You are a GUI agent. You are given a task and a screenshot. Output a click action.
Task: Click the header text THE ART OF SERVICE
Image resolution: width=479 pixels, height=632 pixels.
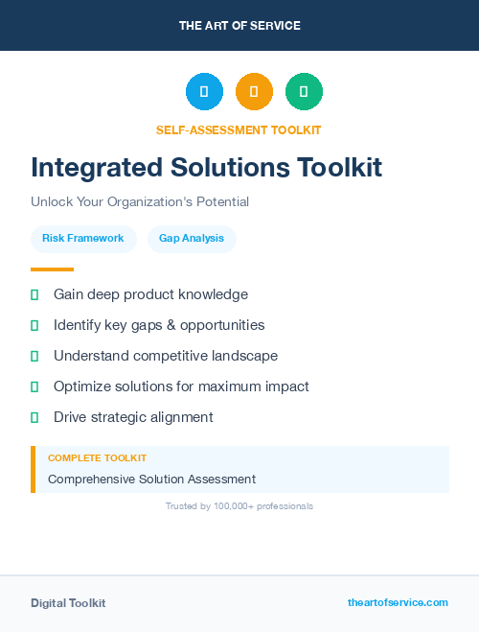point(239,26)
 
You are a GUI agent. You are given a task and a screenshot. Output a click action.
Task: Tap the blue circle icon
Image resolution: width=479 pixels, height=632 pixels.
point(204,92)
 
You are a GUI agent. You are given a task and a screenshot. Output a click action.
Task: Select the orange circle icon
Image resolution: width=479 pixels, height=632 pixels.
point(254,92)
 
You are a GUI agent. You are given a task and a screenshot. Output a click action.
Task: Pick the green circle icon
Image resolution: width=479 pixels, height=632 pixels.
point(304,92)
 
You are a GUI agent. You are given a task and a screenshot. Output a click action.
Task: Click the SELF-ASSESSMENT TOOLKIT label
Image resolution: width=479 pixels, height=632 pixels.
point(239,130)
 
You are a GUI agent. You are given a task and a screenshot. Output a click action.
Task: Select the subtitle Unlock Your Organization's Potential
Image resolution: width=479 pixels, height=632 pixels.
point(140,202)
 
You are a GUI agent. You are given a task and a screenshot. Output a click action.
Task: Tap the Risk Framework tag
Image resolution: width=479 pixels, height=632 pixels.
point(83,239)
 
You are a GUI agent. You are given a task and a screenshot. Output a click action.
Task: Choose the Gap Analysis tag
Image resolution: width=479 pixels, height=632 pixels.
point(192,239)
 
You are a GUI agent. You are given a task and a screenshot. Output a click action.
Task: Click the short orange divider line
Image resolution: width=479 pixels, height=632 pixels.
point(52,269)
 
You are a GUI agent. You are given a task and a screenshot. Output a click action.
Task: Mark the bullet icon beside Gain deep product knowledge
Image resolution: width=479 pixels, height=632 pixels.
point(34,294)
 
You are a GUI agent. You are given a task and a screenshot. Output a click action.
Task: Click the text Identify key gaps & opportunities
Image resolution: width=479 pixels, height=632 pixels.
point(159,325)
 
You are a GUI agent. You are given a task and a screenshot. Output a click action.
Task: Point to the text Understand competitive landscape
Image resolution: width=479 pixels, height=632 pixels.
point(166,356)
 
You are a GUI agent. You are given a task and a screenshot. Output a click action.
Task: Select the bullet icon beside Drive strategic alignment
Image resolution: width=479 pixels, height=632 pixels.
point(34,417)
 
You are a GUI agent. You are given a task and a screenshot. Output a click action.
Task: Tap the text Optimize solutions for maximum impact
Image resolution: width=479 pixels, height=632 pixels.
point(181,386)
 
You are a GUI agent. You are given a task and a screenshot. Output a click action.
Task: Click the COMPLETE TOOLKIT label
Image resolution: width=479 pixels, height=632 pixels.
point(97,458)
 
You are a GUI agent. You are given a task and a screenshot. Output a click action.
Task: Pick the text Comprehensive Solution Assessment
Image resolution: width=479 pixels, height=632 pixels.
point(151,479)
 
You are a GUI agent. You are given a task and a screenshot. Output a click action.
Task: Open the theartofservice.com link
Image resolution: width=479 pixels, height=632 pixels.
point(398,602)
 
